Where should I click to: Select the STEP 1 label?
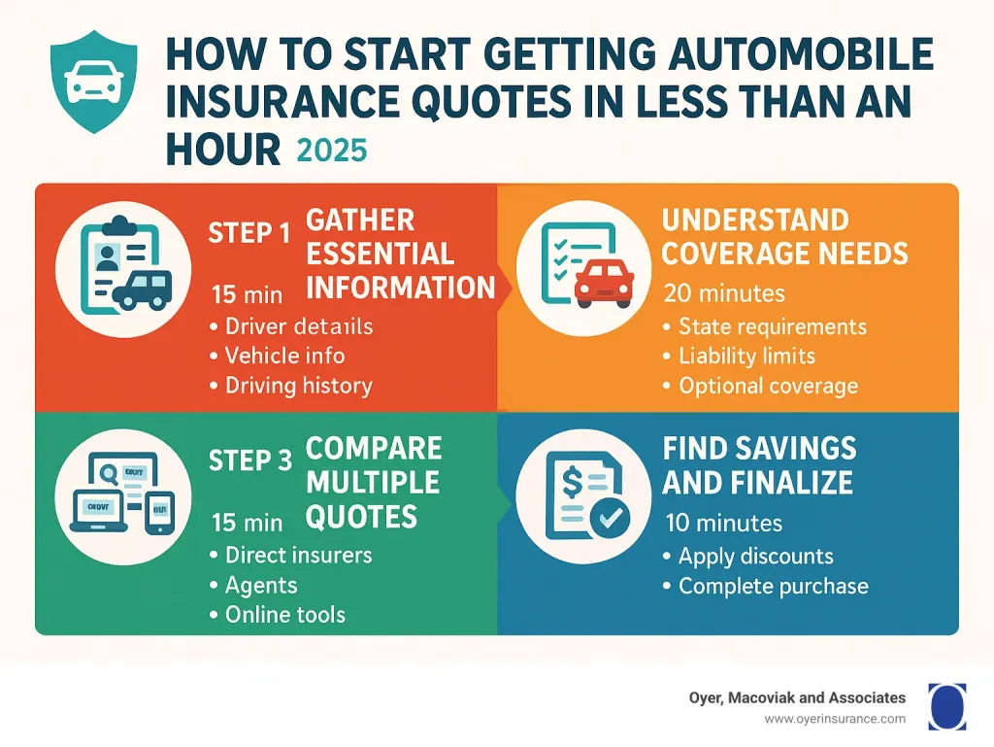pyautogui.click(x=249, y=235)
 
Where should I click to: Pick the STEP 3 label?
pyautogui.click(x=249, y=461)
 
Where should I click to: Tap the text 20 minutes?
pyautogui.click(x=724, y=292)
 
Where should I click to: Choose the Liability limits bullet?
pyautogui.click(x=746, y=356)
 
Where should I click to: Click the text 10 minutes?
pyautogui.click(x=724, y=524)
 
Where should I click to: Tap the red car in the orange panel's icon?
pyautogui.click(x=604, y=281)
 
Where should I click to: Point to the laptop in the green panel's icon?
pyautogui.click(x=99, y=511)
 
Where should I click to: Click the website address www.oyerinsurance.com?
pyautogui.click(x=835, y=719)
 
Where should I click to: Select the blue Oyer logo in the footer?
pyautogui.click(x=946, y=705)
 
